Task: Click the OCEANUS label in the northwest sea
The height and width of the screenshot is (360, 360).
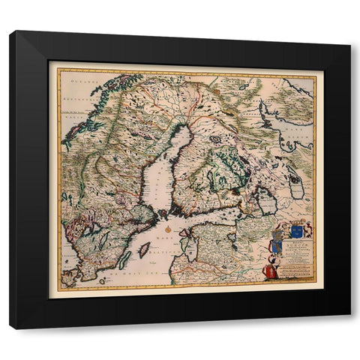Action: tap(74, 78)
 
